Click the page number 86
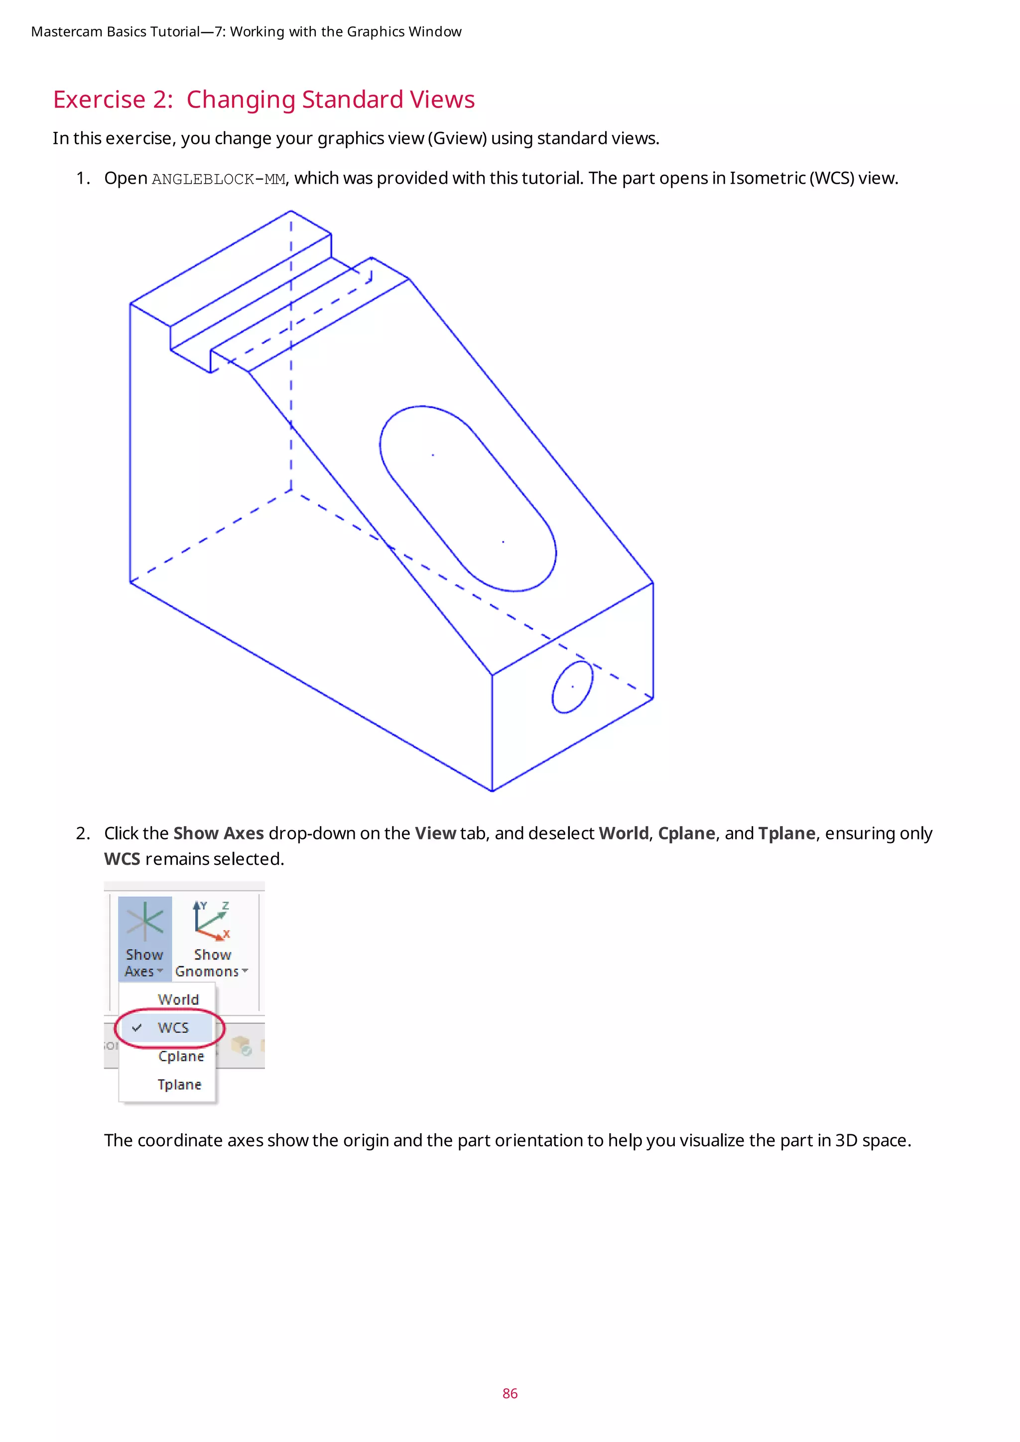510,1393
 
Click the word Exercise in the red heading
99,100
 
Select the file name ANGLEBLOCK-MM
218,180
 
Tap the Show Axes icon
144,921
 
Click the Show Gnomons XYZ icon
212,921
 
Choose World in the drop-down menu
178,999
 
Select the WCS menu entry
173,1028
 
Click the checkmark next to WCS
137,1028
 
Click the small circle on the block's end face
572,687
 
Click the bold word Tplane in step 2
786,834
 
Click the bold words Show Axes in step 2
218,834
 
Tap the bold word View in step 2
435,834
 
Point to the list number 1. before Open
83,178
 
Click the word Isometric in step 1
766,178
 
